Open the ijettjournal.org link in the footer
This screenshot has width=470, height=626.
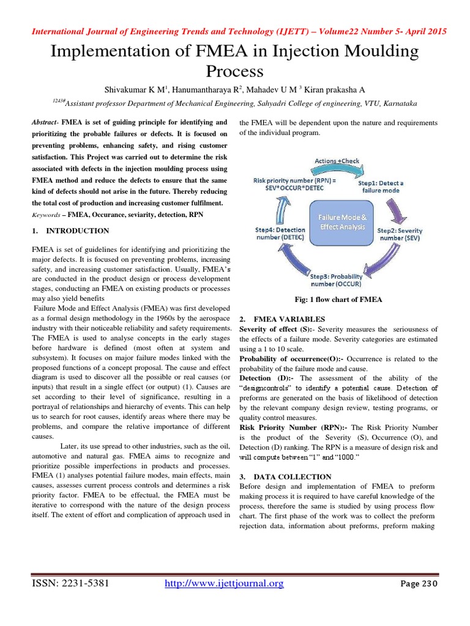click(225, 584)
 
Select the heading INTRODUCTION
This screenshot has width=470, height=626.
click(78, 231)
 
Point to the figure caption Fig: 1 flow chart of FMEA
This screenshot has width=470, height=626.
click(338, 300)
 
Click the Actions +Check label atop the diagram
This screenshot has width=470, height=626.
click(337, 161)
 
